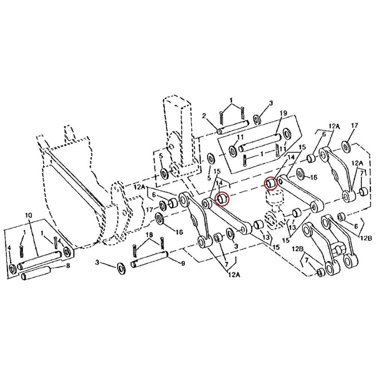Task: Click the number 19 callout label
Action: [x=284, y=113]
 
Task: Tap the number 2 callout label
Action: [x=204, y=116]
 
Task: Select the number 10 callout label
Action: [x=28, y=215]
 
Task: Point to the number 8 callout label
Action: [x=68, y=266]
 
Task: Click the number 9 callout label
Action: [x=183, y=264]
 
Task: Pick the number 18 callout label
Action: [x=149, y=235]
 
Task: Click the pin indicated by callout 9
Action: [x=149, y=259]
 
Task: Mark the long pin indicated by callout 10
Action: [x=40, y=260]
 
